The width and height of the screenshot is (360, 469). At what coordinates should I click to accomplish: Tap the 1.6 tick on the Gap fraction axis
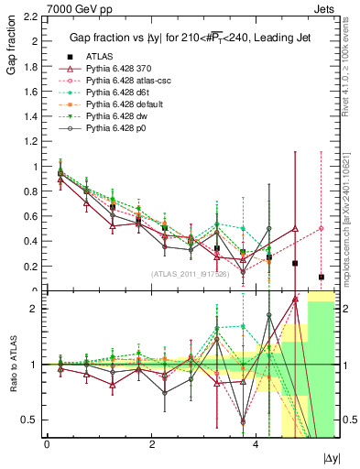pyautogui.click(x=29, y=92)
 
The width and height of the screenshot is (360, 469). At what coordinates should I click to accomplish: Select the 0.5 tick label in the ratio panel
pyautogui.click(x=29, y=420)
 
